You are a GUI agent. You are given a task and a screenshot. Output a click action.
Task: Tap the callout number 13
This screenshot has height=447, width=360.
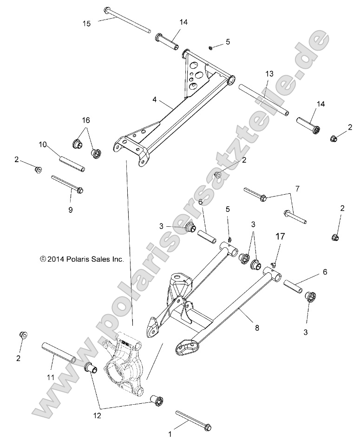pos(270,74)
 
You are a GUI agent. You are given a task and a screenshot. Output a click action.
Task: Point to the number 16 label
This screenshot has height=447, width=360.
pos(86,120)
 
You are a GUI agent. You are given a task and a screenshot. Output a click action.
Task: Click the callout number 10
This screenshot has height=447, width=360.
pos(43,145)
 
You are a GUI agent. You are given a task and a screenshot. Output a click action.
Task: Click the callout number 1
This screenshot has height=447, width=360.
pos(170,434)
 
